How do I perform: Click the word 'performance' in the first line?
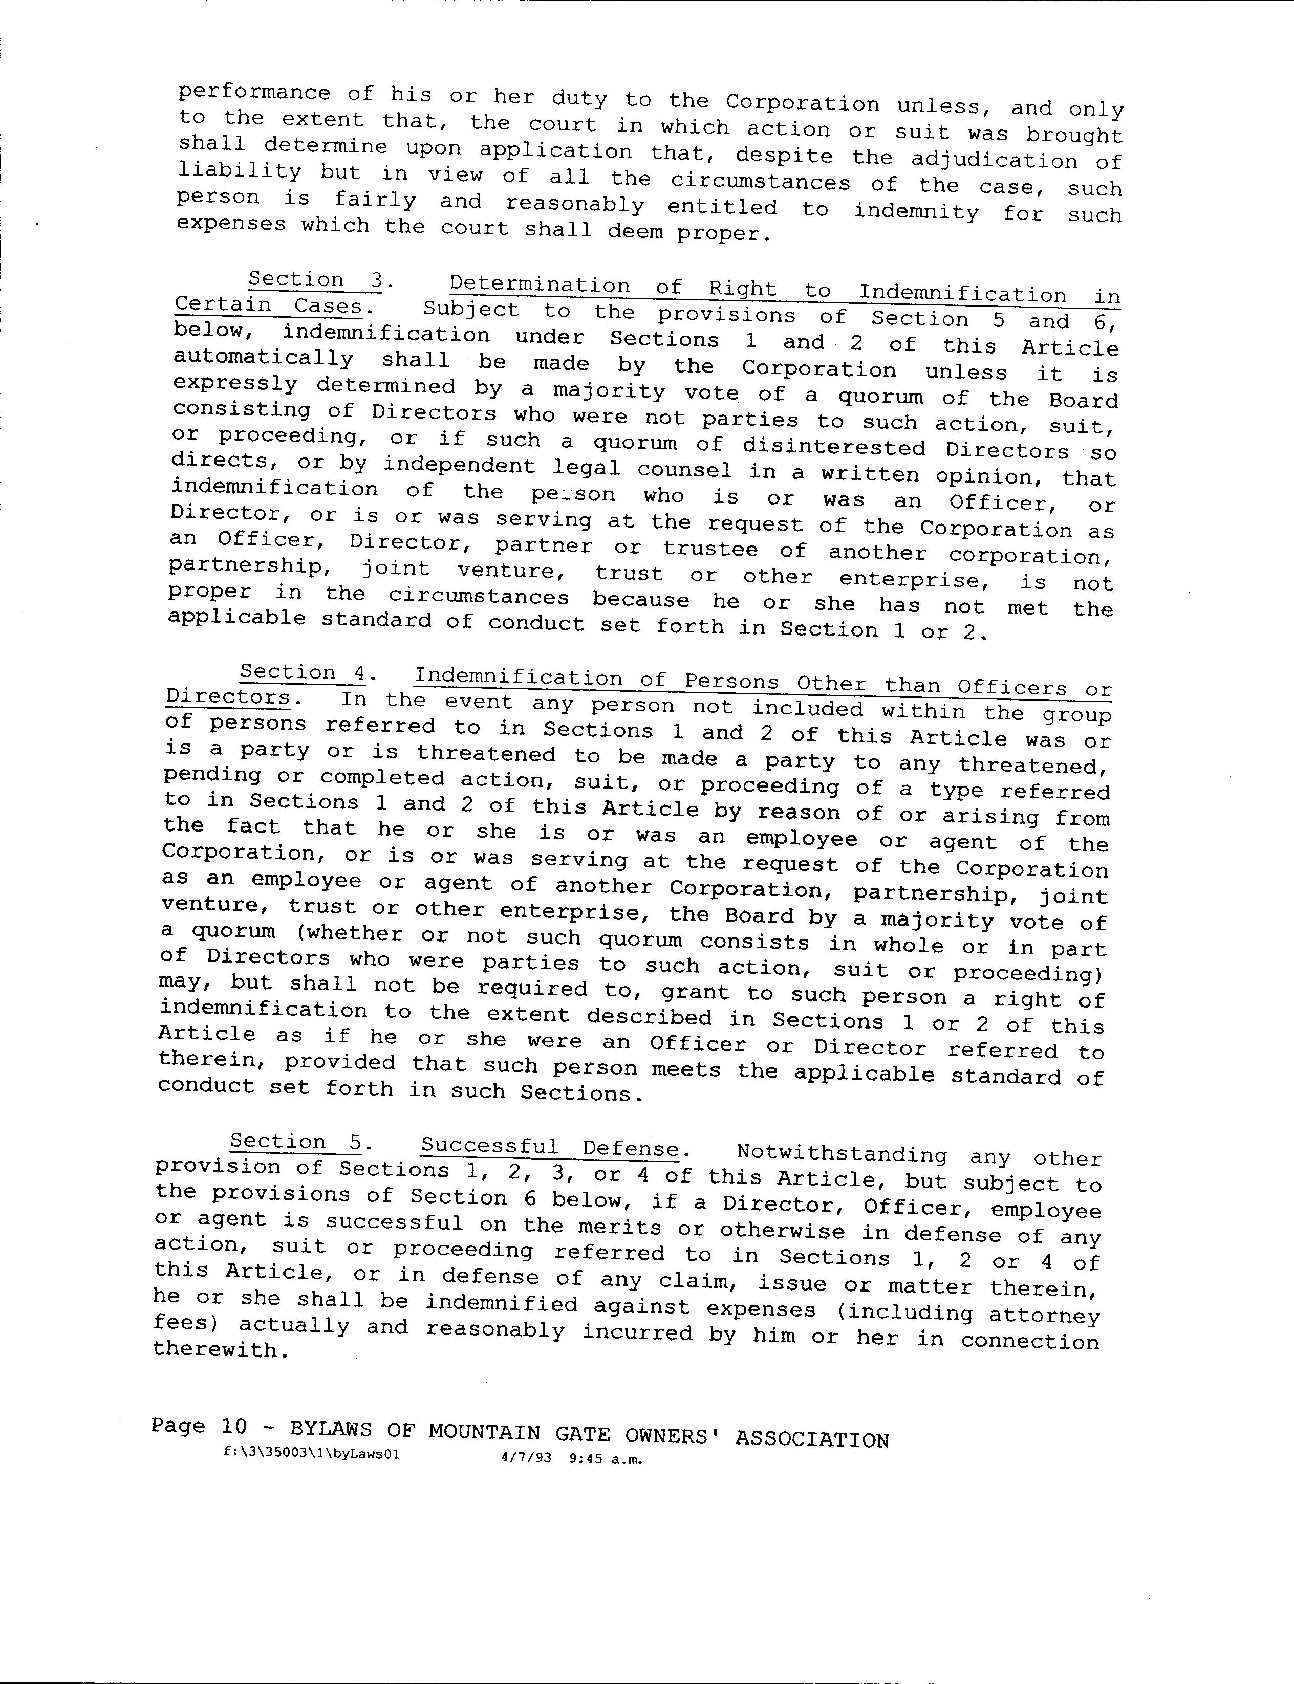click(254, 93)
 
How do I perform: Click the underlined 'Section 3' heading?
click(314, 280)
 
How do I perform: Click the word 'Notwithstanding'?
click(842, 1154)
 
